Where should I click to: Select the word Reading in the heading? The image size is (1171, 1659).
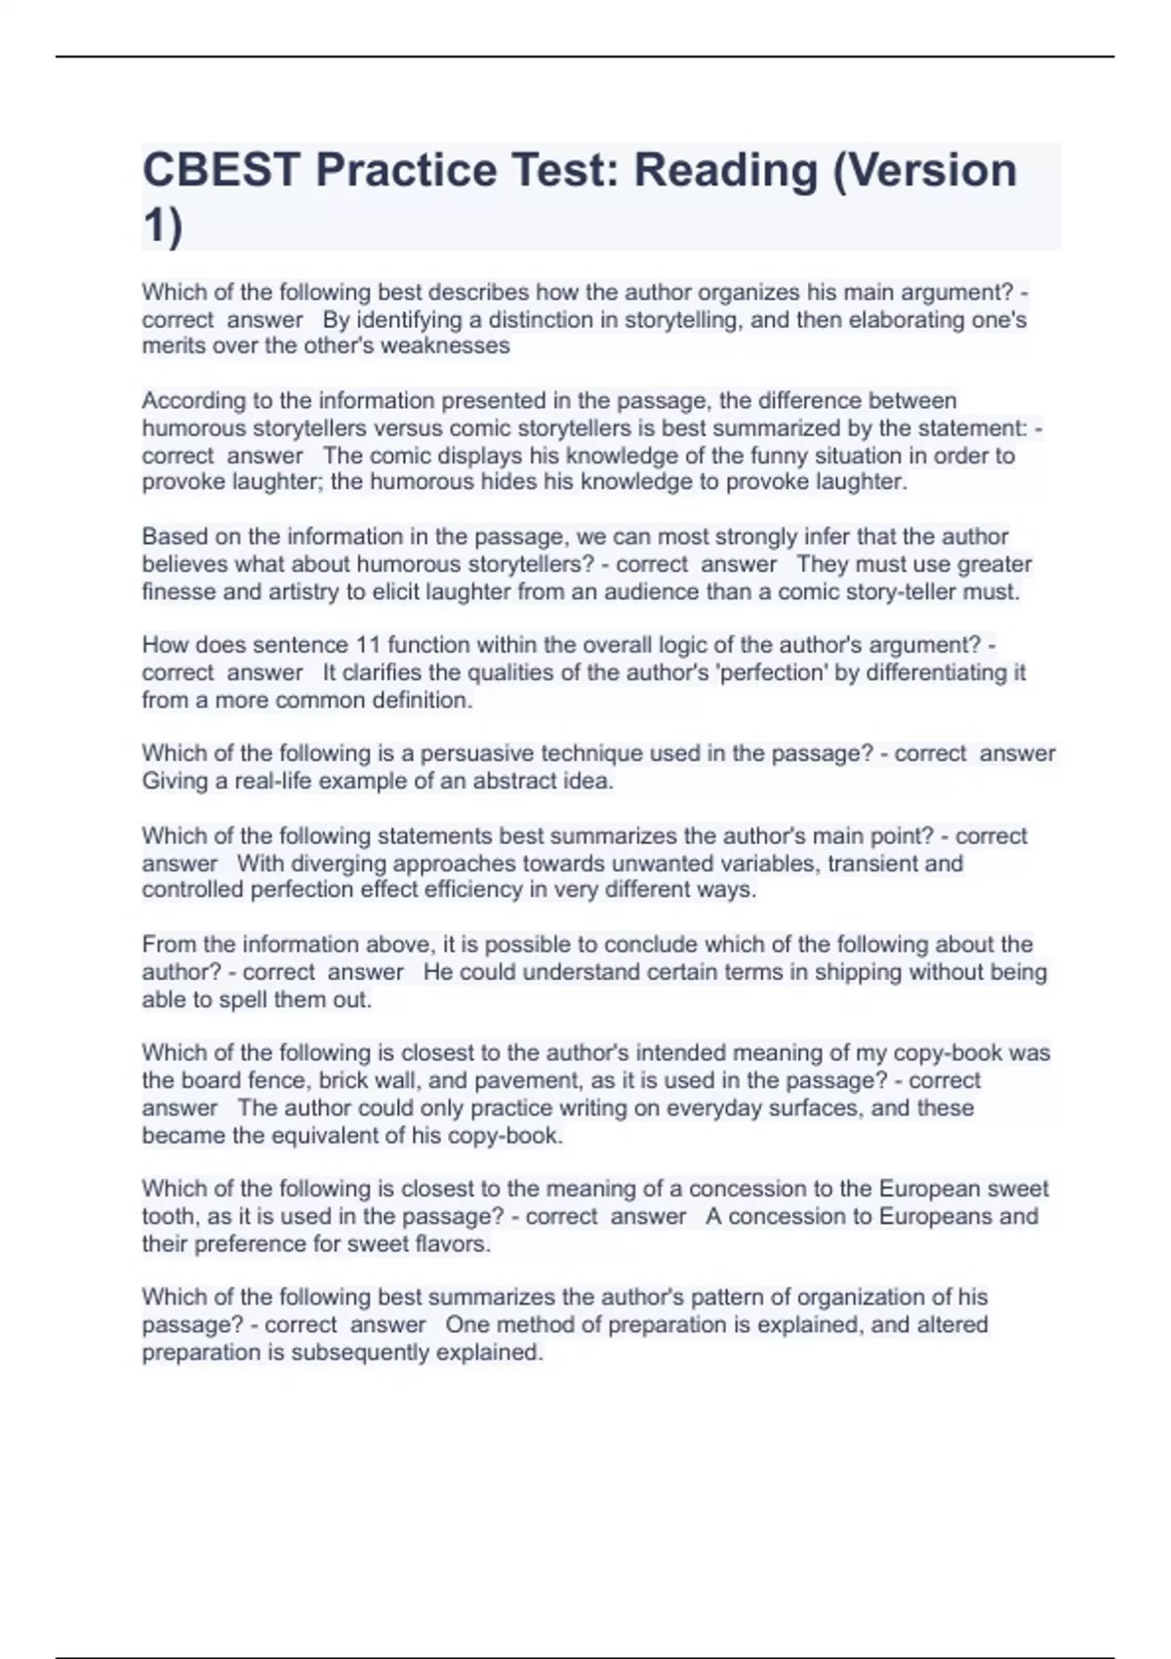725,171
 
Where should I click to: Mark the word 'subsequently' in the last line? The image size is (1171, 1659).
360,1353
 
